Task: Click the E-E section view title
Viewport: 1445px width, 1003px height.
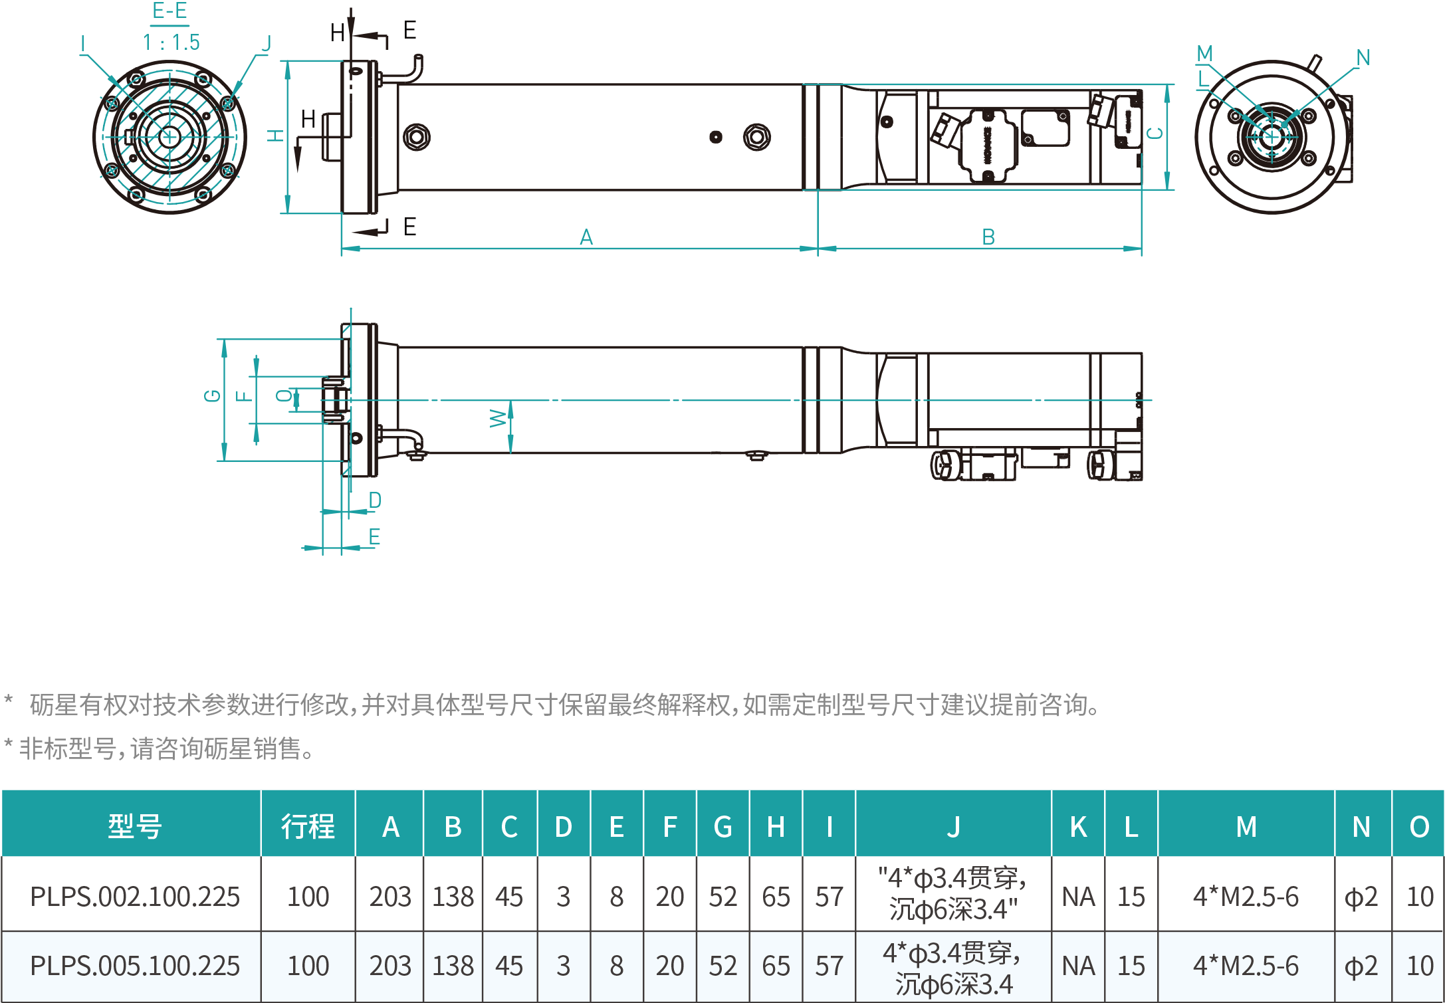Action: [170, 11]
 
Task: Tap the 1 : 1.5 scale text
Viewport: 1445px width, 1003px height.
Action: [171, 43]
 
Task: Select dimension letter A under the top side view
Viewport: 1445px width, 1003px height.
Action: [586, 237]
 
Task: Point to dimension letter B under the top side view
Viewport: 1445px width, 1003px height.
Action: [988, 237]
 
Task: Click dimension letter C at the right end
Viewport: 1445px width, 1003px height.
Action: [1156, 133]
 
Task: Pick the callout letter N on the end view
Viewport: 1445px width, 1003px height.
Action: [1363, 58]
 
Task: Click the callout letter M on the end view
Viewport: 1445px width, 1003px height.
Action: [1204, 53]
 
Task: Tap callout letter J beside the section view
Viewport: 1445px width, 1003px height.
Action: [267, 44]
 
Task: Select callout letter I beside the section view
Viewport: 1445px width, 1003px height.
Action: [82, 44]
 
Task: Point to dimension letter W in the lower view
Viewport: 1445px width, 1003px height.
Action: [498, 418]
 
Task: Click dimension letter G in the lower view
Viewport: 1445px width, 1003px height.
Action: [212, 396]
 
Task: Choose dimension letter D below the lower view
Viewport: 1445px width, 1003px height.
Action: [375, 500]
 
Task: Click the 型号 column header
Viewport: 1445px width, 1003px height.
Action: [135, 827]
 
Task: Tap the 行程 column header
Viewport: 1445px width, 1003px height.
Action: [308, 827]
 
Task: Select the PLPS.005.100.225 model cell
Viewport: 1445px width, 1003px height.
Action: [135, 966]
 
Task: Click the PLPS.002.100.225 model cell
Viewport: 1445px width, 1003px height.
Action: [135, 897]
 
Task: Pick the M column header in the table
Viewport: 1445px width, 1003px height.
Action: [1246, 827]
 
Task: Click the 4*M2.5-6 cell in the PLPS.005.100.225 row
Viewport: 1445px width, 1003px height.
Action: [1246, 966]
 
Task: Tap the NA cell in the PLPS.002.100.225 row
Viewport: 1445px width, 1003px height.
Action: [1078, 897]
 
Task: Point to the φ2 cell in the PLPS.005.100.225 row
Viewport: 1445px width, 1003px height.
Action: [1361, 966]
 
